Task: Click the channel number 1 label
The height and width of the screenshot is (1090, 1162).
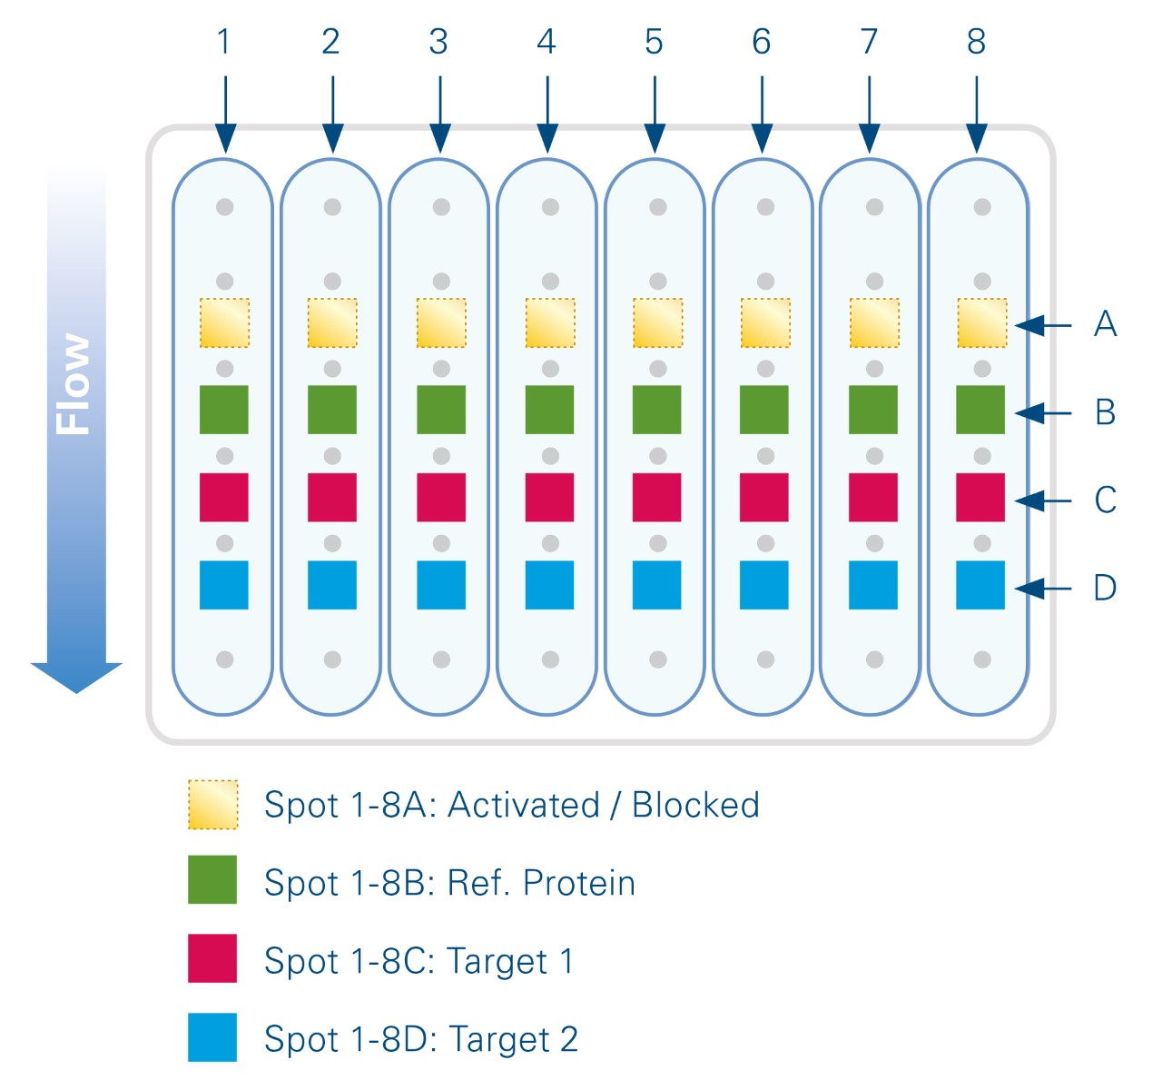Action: pos(224,42)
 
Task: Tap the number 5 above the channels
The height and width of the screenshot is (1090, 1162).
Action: pos(655,42)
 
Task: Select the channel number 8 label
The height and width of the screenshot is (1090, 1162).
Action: pos(976,42)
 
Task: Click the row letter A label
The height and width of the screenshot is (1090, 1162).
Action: pos(1105,324)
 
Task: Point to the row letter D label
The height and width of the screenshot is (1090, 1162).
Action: pos(1105,588)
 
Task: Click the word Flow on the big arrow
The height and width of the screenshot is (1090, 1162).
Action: pos(74,383)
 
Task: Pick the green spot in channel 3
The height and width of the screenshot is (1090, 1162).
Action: pos(441,410)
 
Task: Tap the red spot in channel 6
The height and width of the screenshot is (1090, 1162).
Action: pos(764,497)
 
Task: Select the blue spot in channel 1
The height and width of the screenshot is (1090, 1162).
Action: pos(224,584)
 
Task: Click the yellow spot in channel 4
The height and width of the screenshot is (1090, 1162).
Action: pos(550,322)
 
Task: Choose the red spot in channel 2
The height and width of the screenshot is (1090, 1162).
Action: pos(332,497)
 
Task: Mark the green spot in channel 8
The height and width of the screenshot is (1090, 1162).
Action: pos(980,410)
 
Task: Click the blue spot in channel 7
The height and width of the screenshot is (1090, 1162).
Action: pos(873,584)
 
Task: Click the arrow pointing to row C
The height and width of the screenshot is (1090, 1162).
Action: pos(1043,500)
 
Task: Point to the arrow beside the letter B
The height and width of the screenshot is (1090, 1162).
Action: pos(1043,413)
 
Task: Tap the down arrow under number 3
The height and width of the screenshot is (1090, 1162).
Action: pos(440,114)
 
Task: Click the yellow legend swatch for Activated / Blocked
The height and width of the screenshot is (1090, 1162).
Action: pos(213,804)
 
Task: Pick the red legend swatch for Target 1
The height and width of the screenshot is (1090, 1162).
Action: pos(212,958)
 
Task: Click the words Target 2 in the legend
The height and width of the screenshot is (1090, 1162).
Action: pos(513,1039)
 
